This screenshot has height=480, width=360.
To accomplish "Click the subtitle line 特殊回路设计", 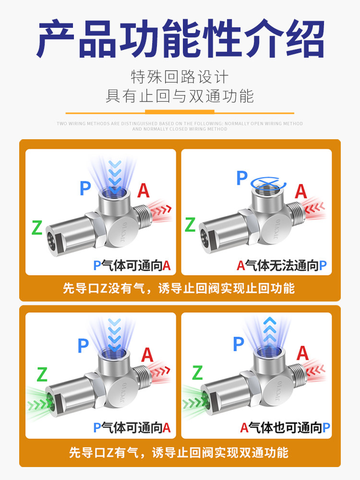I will (180, 77).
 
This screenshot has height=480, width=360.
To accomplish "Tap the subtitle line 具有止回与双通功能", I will (180, 96).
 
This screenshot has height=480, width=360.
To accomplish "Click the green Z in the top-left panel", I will (37, 228).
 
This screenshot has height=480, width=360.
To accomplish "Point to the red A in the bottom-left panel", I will (147, 355).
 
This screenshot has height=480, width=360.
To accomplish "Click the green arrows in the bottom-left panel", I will (36, 398).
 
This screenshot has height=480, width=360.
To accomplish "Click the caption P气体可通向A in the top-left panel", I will (132, 265).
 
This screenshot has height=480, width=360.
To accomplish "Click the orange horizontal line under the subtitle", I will (180, 113).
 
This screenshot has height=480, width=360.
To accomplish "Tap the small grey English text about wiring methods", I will (180, 126).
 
